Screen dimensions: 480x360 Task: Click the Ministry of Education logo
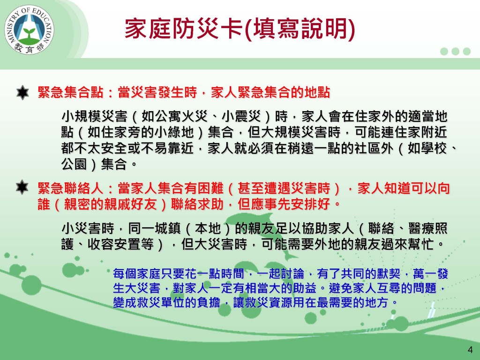(x=29, y=30)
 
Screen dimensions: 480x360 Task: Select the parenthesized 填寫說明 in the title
(x=300, y=29)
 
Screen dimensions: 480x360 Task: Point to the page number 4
(x=470, y=350)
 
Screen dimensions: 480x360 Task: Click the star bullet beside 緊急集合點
(x=22, y=92)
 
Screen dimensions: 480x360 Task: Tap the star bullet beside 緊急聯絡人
(x=22, y=187)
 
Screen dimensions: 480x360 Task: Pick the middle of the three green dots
(x=455, y=51)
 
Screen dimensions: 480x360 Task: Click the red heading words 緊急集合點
(x=70, y=92)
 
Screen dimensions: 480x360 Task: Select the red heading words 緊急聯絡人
(x=70, y=188)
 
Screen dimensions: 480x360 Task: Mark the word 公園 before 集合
(x=74, y=165)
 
